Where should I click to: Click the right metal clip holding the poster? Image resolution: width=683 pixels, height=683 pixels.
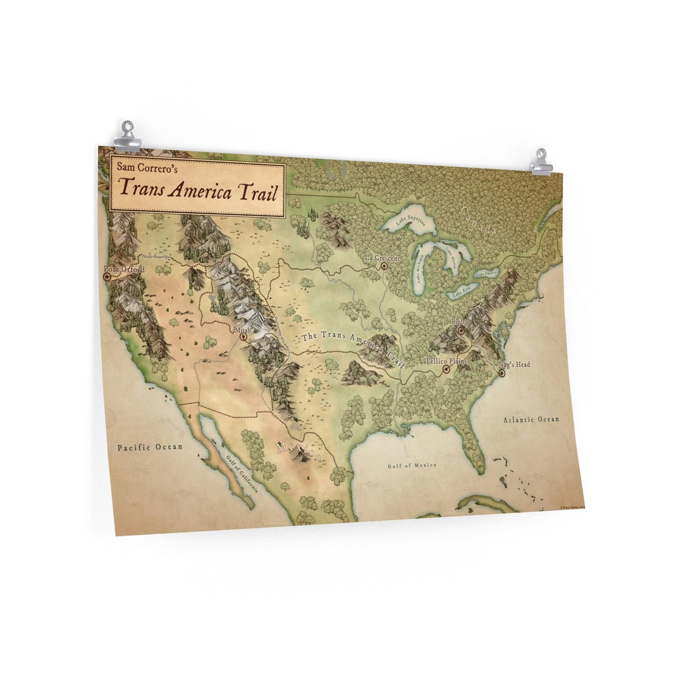pos(541,163)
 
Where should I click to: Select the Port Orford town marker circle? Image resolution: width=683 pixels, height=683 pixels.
pos(106,276)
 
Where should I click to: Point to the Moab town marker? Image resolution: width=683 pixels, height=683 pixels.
pos(243,337)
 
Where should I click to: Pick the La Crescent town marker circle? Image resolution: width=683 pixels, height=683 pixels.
pos(384,266)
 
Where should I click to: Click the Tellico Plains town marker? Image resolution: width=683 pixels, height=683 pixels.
pos(446,369)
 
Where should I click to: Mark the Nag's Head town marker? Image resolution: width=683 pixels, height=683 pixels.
pos(501,373)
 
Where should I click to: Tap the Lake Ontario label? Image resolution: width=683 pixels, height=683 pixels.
pos(487,273)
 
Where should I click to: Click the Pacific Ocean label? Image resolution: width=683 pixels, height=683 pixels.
pos(150,447)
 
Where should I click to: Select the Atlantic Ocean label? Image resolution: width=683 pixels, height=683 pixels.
pos(531,419)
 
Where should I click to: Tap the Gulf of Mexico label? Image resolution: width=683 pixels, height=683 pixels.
pos(412,465)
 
